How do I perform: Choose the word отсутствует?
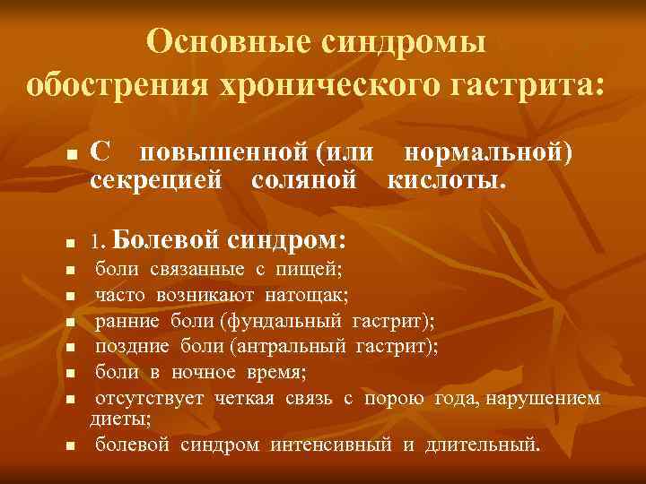click(150, 397)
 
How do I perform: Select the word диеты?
click(120, 417)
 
